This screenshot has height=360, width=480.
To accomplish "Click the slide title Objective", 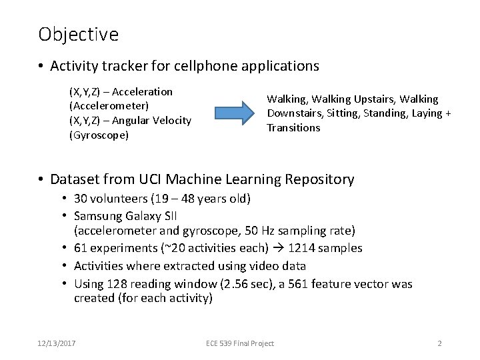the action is (x=78, y=34).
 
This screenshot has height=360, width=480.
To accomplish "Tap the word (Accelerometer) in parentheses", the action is (x=109, y=105).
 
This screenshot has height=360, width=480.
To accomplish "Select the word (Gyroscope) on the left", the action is (x=99, y=135).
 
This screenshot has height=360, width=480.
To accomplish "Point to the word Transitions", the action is (x=293, y=127).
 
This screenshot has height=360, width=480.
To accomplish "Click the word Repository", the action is (x=319, y=179).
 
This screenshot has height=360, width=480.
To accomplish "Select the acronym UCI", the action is (x=147, y=179).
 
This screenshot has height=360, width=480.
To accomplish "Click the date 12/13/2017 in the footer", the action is (x=57, y=343).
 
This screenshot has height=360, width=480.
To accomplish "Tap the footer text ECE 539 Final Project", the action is (x=240, y=343).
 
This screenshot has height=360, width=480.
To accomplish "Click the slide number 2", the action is (x=439, y=343).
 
